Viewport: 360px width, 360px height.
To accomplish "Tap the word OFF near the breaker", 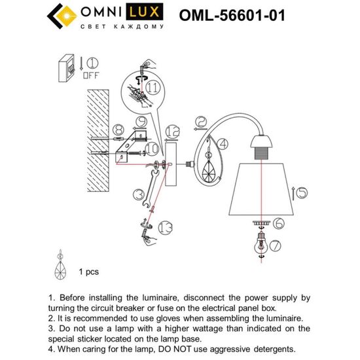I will [91, 75].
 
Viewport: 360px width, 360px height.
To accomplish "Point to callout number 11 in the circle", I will [152, 86].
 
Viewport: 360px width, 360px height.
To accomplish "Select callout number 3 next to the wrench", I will [137, 194].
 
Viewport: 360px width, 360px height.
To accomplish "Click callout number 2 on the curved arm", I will [201, 121].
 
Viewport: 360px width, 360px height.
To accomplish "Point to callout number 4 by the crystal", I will [222, 143].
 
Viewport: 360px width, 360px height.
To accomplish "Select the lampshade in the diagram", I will [260, 187].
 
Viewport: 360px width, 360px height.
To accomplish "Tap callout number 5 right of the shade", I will [300, 193].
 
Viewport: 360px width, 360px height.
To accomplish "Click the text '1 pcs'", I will [88, 270].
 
